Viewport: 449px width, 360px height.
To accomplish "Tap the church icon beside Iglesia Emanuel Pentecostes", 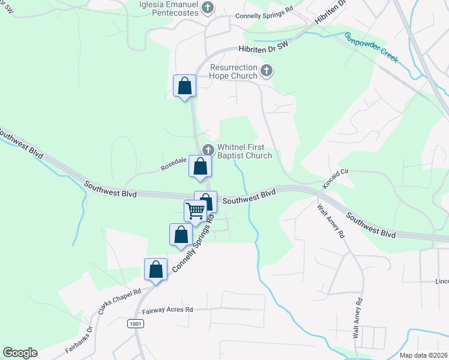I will click(x=208, y=8).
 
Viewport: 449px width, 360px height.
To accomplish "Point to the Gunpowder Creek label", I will click(x=371, y=47).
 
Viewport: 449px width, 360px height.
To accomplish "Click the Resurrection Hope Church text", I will click(x=234, y=72).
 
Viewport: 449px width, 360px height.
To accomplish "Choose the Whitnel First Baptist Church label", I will click(x=244, y=151).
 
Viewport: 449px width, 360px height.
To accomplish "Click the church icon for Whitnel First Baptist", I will click(x=208, y=149).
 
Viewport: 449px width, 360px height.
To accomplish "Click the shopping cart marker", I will click(x=195, y=211).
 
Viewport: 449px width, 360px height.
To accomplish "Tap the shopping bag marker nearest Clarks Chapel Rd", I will click(x=156, y=269).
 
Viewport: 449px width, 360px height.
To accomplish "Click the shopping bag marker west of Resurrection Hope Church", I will click(x=184, y=85).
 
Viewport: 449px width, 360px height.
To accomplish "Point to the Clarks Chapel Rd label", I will click(x=120, y=302).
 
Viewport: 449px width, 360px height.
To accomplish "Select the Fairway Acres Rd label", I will click(x=167, y=310).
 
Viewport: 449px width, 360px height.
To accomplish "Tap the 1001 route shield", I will click(x=136, y=323).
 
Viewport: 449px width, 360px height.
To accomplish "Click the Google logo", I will click(x=20, y=353).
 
